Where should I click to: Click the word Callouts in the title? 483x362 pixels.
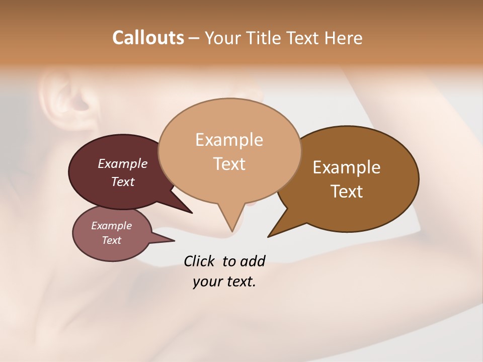(x=148, y=38)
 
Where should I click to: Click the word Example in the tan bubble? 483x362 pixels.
(x=229, y=139)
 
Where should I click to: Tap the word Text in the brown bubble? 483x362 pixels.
(x=347, y=191)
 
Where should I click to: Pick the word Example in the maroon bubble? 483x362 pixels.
(x=122, y=163)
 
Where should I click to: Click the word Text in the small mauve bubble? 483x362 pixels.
(x=111, y=240)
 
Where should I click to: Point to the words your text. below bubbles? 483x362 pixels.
(x=224, y=282)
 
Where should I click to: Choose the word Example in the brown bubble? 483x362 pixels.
(x=347, y=167)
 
